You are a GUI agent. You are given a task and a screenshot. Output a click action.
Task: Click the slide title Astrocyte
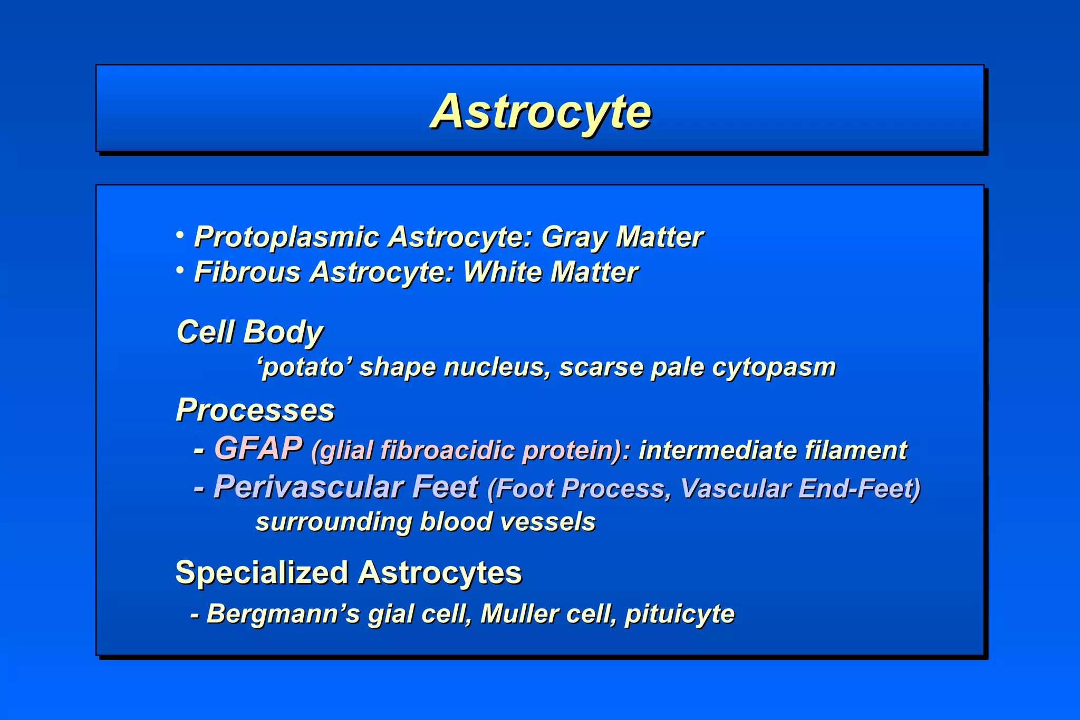coord(541,112)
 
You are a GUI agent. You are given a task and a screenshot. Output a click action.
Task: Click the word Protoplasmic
coord(286,237)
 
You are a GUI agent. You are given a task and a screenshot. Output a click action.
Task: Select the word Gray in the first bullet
coord(574,237)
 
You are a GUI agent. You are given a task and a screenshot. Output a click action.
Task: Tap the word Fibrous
coord(247,273)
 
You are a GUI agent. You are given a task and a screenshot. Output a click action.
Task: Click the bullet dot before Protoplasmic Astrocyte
coord(180,234)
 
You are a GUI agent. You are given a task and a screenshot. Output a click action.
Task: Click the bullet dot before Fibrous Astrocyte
coord(180,270)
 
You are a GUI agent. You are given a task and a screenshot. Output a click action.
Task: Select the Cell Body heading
coord(249,332)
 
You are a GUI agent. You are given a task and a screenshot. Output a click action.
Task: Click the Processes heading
coord(255,410)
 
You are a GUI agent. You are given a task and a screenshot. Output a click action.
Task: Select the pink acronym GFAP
coord(258,449)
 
